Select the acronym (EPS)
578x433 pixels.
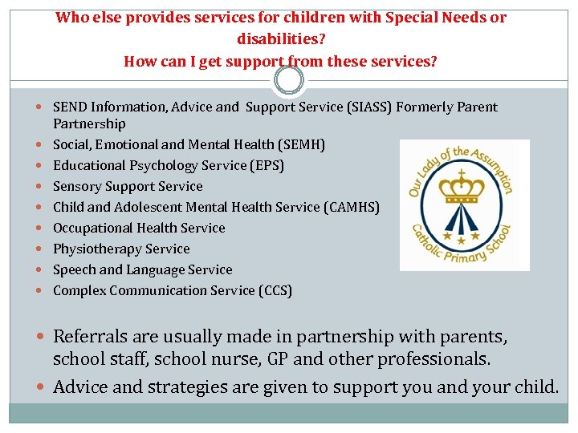[266, 165]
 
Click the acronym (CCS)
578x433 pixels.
[274, 290]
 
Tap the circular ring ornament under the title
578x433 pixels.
[289, 80]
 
